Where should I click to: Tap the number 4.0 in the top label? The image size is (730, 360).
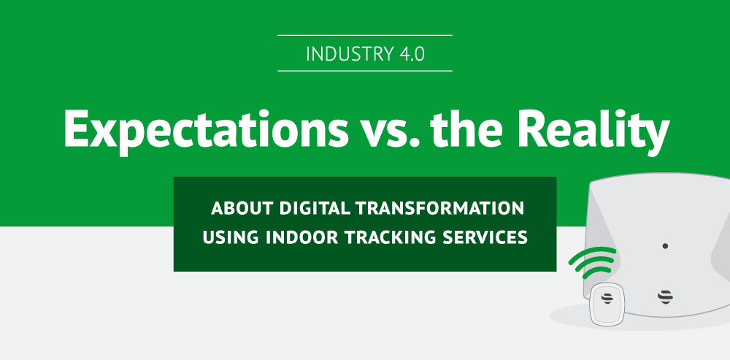[x=412, y=53]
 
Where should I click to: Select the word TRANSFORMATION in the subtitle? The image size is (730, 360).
[x=440, y=209]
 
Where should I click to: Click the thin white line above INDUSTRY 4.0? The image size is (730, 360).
[x=365, y=35]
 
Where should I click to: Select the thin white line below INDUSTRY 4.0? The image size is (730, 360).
[x=365, y=71]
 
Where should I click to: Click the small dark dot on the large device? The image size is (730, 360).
[x=665, y=246]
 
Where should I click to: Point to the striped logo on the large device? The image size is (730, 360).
[x=665, y=296]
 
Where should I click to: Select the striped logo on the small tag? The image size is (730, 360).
[x=607, y=299]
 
